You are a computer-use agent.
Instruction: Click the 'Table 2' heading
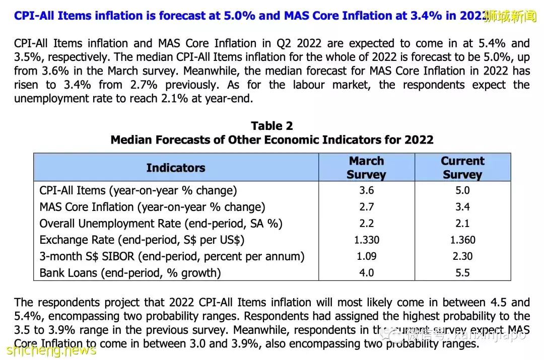click(x=271, y=126)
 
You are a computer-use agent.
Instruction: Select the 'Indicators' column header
click(x=176, y=168)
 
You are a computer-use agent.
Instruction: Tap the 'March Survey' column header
click(x=366, y=168)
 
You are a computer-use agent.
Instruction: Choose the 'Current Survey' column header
click(x=462, y=168)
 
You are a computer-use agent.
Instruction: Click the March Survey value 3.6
click(x=366, y=191)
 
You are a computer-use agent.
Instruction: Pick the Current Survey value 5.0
click(x=462, y=191)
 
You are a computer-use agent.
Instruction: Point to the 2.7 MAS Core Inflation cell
click(x=366, y=207)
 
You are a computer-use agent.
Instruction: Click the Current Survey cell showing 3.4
click(x=462, y=207)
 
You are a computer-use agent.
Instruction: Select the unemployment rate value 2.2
click(x=366, y=224)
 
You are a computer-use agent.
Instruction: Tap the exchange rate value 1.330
click(x=366, y=240)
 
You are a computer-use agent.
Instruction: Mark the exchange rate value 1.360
click(x=462, y=240)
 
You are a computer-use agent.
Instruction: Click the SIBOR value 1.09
click(x=366, y=256)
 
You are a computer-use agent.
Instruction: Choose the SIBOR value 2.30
click(x=462, y=256)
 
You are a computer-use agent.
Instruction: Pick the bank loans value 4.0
click(x=366, y=273)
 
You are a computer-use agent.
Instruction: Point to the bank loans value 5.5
click(x=462, y=273)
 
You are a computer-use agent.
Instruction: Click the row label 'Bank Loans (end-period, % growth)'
click(x=130, y=273)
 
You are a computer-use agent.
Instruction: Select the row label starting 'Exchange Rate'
click(x=142, y=240)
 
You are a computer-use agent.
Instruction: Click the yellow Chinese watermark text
click(x=510, y=17)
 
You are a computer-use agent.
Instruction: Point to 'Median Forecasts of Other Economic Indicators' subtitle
click(x=271, y=139)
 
